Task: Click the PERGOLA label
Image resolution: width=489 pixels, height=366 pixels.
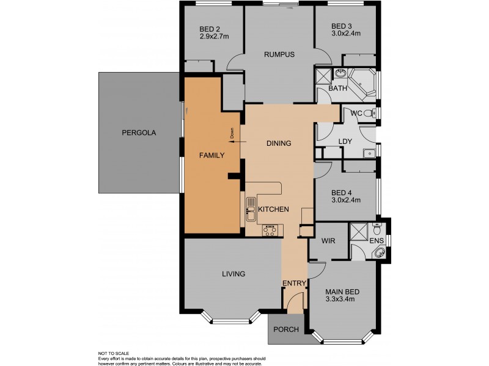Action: tap(138, 132)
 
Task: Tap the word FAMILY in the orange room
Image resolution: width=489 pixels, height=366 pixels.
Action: tap(212, 155)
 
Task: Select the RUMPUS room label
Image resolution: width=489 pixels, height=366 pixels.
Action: tap(279, 54)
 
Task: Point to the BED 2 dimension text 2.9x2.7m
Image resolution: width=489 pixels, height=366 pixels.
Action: tap(214, 36)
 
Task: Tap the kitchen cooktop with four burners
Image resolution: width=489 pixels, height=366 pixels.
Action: tap(270, 230)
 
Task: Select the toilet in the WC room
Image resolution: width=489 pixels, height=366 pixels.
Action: tap(368, 113)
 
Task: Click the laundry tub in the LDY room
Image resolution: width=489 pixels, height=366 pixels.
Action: tap(368, 154)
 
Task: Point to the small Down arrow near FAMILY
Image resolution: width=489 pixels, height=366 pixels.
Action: tap(232, 134)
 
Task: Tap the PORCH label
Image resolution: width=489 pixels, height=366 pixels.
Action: tap(286, 329)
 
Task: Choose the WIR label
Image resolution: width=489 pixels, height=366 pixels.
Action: tap(328, 241)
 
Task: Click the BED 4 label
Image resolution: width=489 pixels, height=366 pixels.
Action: tap(342, 191)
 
